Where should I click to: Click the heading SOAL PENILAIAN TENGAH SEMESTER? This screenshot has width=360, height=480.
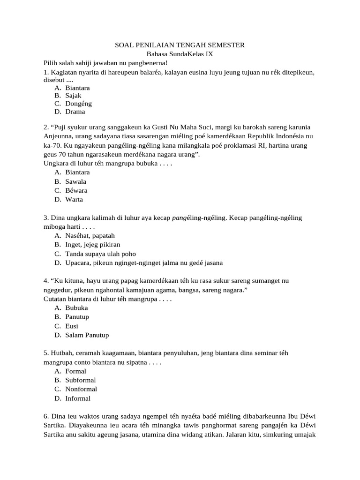point(180,45)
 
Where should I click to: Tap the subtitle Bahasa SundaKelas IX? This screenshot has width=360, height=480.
point(180,54)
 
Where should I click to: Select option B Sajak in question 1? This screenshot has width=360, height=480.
point(73,95)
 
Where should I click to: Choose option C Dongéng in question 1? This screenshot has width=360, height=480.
point(78,104)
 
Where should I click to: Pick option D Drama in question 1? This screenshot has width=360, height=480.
point(75,112)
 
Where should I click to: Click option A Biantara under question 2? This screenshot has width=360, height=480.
point(77,172)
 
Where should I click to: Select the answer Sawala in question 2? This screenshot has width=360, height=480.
point(75,181)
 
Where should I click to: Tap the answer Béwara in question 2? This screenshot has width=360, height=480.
point(76,190)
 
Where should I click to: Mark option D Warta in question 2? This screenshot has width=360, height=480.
point(74,199)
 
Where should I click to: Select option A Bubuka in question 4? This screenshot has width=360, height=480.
point(76,308)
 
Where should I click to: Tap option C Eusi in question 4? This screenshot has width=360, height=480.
point(72,326)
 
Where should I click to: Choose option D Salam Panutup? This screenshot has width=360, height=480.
point(87,335)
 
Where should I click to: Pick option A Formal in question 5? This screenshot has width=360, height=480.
point(75,371)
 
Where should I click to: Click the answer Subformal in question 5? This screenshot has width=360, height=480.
point(80,380)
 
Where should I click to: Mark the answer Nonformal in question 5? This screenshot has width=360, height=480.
point(81,389)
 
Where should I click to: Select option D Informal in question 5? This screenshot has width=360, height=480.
point(78,398)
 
